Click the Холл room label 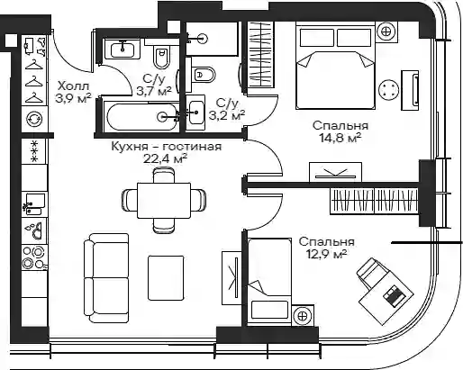click(x=74, y=86)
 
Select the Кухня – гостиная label click(x=167, y=147)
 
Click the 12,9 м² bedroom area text click(x=326, y=255)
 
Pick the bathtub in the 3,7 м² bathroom click(x=141, y=117)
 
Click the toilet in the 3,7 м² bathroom click(x=161, y=57)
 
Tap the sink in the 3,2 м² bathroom click(x=195, y=113)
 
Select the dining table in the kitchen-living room click(x=164, y=201)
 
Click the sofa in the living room click(x=106, y=278)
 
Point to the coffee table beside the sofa click(x=166, y=277)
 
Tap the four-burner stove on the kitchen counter click(x=34, y=257)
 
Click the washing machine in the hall click(x=34, y=119)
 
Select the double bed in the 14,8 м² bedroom click(x=336, y=67)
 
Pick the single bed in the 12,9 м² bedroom click(x=269, y=282)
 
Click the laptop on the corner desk click(x=395, y=295)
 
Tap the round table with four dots click(x=388, y=90)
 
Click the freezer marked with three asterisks click(x=34, y=151)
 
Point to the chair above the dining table click(x=164, y=176)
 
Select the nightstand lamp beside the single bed click(x=303, y=316)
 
